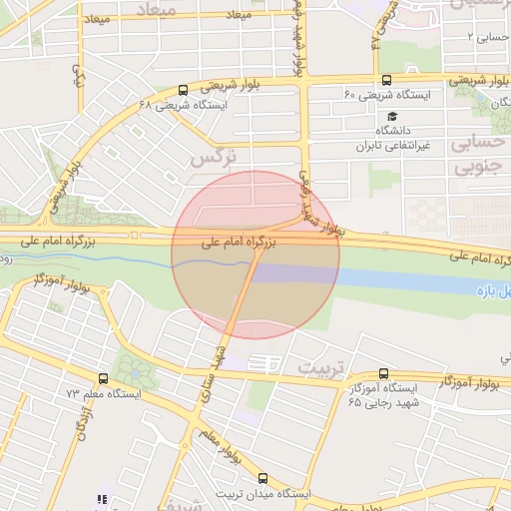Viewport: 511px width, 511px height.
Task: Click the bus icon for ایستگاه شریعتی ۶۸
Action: pos(181,89)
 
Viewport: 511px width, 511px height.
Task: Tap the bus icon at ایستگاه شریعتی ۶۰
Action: pos(386,81)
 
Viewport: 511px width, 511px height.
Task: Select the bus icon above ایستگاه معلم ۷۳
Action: pos(103,379)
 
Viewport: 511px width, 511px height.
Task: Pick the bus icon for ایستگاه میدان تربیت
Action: pos(262,478)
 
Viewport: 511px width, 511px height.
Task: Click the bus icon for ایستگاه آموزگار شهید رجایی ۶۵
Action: pos(384,373)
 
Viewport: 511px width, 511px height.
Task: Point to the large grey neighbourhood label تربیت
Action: pos(320,366)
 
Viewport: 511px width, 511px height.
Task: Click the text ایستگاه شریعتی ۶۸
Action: pos(184,104)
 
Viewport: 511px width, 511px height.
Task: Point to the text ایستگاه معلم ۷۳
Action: pos(99,395)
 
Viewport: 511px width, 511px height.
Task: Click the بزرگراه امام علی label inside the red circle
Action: pos(238,242)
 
